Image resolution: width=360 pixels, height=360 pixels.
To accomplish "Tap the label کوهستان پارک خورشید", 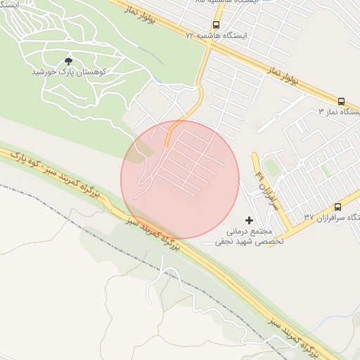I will click(68, 72).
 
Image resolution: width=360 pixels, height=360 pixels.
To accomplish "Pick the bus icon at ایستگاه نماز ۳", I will click(342, 101).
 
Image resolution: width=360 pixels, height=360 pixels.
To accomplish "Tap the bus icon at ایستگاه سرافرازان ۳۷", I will click(337, 207).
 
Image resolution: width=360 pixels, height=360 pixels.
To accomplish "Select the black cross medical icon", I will click(249, 220).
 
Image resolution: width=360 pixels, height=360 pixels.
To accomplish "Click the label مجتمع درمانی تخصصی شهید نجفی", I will click(253, 235).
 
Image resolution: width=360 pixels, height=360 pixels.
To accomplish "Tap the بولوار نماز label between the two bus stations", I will click(283, 75).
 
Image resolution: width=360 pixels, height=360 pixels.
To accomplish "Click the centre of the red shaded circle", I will click(180, 180).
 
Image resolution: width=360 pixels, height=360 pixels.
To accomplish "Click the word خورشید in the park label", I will click(45, 72).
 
